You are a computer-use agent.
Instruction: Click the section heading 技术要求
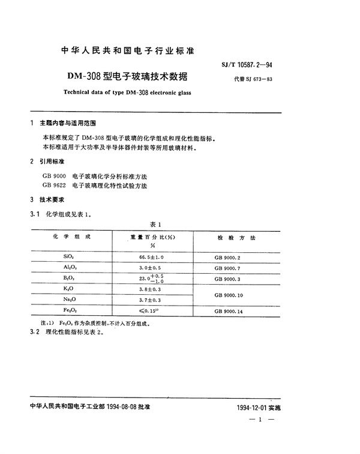click(52, 199)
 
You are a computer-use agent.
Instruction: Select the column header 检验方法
click(235, 238)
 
